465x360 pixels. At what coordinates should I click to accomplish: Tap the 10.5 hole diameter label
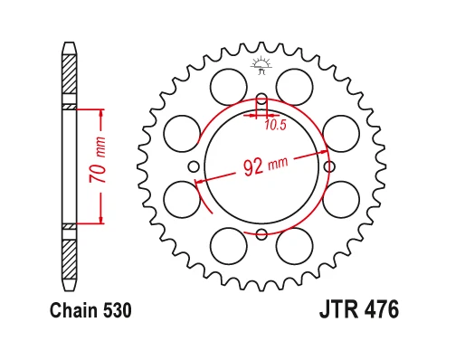point(275,125)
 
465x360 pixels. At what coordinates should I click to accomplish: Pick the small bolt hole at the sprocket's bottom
point(261,235)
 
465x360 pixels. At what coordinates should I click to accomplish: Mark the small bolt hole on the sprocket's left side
point(193,167)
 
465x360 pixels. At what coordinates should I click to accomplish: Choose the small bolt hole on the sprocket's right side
point(328,167)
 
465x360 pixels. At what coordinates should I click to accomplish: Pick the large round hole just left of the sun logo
point(227,87)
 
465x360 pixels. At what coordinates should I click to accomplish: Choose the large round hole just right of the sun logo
point(294,87)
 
